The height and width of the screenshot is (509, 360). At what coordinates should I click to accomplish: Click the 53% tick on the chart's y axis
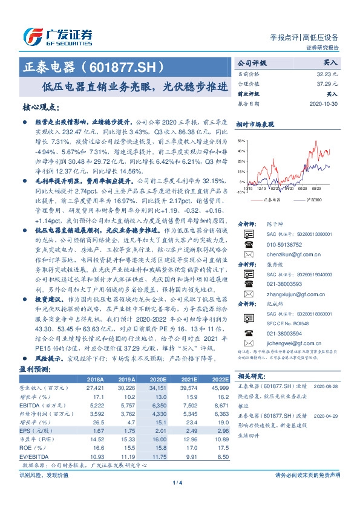(242, 140)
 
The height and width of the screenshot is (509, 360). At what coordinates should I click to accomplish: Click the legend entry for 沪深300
(315, 199)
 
